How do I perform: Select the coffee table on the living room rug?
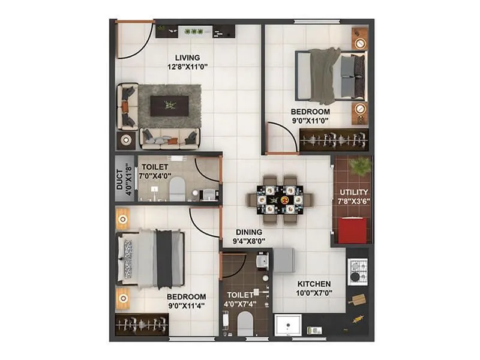(170, 106)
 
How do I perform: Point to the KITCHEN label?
(314, 284)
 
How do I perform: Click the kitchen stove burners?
(358, 269)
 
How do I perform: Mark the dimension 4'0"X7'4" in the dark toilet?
(241, 305)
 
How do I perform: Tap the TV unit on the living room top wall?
(196, 32)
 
